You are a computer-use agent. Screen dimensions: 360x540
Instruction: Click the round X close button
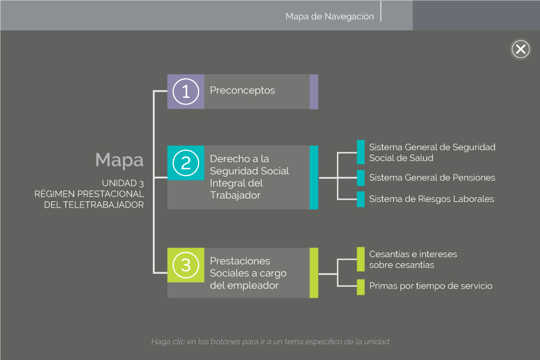click(521, 49)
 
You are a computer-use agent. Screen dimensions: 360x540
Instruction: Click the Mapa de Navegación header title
click(330, 16)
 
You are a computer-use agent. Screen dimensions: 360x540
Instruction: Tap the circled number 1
click(186, 91)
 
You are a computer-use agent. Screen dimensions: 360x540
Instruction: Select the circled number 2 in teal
click(186, 163)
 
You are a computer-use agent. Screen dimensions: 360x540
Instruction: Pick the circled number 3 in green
click(186, 264)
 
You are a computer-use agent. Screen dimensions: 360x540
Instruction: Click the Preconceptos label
click(242, 90)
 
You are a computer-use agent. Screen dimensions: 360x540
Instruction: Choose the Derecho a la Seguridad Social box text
click(249, 177)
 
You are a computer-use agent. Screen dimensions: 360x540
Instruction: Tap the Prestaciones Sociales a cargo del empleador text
click(248, 273)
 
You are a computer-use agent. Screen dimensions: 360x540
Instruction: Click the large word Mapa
click(119, 160)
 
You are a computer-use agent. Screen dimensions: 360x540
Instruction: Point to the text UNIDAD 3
click(123, 183)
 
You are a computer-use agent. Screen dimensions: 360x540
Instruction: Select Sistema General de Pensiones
click(432, 178)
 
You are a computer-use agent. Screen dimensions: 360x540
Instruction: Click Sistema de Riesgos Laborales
click(431, 199)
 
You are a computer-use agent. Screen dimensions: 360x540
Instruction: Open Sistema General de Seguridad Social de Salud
click(432, 152)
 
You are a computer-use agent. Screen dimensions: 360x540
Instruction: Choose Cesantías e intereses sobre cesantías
click(413, 259)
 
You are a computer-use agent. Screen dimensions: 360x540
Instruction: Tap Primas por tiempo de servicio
click(430, 286)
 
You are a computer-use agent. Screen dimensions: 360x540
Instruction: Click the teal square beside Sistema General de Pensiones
click(361, 178)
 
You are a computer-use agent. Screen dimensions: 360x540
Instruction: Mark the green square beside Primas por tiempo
click(361, 286)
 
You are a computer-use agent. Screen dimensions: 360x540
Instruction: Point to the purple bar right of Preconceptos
click(314, 91)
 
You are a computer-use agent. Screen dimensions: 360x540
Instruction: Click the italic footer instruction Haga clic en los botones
click(270, 341)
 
